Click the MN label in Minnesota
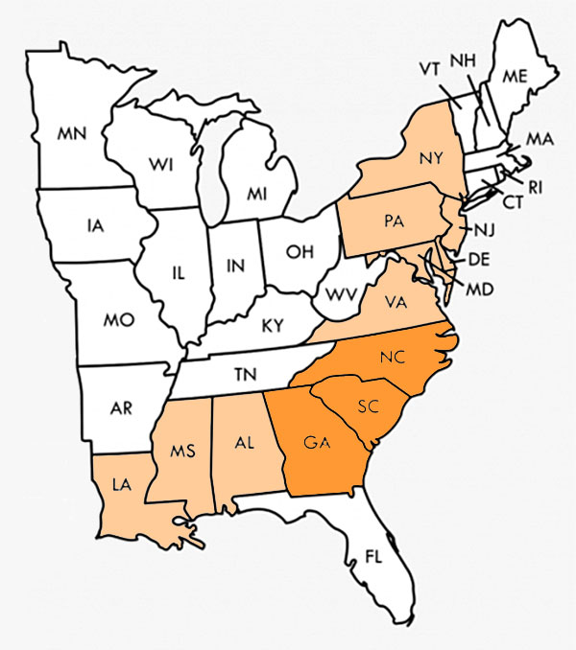[x=72, y=134]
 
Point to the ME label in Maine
[x=516, y=76]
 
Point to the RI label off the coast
[x=536, y=187]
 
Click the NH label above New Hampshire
[x=464, y=59]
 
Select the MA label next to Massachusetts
[x=540, y=140]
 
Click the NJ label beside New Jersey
[x=483, y=229]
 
